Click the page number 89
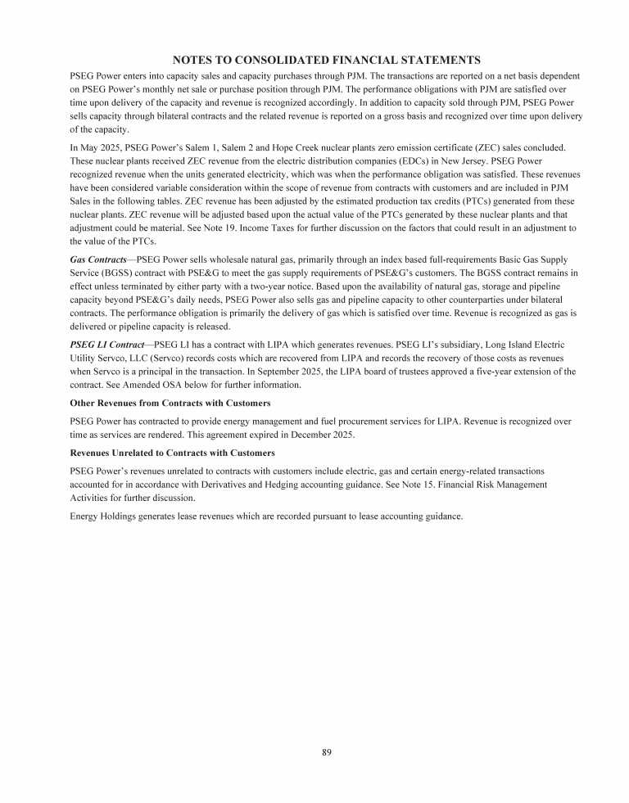click(326, 751)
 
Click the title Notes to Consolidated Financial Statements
click(326, 60)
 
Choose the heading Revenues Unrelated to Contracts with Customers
click(173, 453)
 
